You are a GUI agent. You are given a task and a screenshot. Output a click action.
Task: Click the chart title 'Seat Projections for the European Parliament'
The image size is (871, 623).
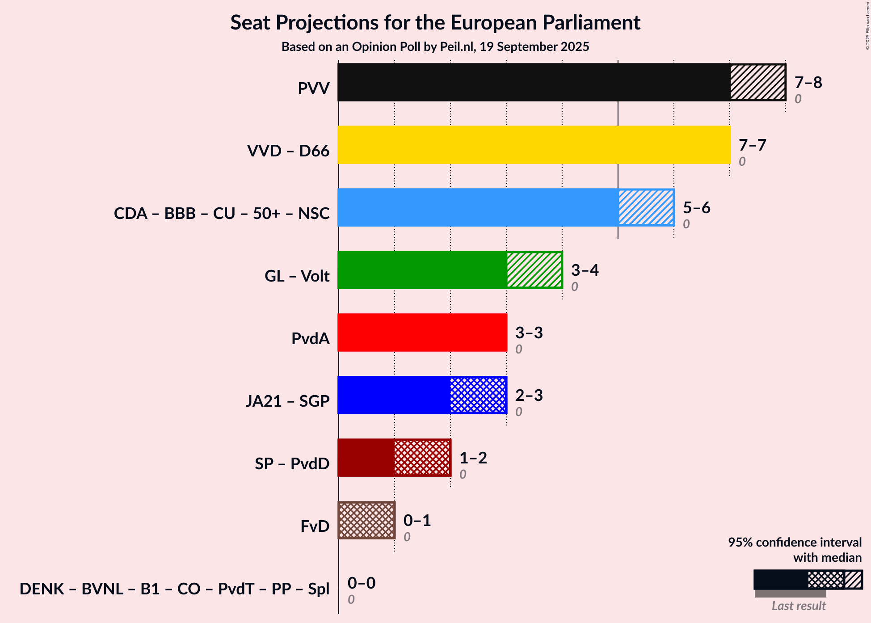point(435,22)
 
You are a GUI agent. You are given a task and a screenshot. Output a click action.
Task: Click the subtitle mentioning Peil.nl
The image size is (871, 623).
point(435,47)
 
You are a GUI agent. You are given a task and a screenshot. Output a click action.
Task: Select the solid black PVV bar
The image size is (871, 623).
point(534,82)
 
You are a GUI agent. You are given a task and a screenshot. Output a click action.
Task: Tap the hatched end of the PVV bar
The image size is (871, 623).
point(758,82)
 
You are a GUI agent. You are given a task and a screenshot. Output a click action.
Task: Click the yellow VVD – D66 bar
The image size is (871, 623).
point(534,145)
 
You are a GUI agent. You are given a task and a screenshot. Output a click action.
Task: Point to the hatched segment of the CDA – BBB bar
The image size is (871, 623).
point(646,207)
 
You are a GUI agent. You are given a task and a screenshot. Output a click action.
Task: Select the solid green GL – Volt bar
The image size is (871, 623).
point(422,270)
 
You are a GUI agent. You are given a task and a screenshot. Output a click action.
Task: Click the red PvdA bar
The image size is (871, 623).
point(422,333)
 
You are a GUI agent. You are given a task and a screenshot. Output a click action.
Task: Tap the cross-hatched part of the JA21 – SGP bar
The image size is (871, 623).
point(478,395)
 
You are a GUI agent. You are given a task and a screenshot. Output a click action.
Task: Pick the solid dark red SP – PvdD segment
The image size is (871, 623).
point(366,458)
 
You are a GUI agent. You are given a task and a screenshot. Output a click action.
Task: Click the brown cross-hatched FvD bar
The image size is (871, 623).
point(366,520)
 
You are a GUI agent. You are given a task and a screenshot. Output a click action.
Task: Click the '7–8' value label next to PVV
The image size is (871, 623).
point(808,83)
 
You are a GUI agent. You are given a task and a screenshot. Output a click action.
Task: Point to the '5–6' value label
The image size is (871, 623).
point(696,208)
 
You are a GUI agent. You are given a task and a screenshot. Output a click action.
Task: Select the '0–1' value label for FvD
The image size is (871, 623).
point(417,521)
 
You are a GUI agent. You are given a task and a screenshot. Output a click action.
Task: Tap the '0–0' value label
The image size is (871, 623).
point(361,583)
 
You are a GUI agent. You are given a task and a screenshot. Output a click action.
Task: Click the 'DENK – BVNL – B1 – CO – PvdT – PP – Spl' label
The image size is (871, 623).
point(174,589)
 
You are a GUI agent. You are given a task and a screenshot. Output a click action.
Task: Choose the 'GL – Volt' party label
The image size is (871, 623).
point(297,276)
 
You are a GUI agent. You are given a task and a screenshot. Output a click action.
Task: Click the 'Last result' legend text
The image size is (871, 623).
point(799,606)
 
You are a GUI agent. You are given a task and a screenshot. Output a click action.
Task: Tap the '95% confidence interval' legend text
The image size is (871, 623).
point(795,543)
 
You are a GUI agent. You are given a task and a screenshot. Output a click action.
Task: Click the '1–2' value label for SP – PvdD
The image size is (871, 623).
point(473,458)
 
